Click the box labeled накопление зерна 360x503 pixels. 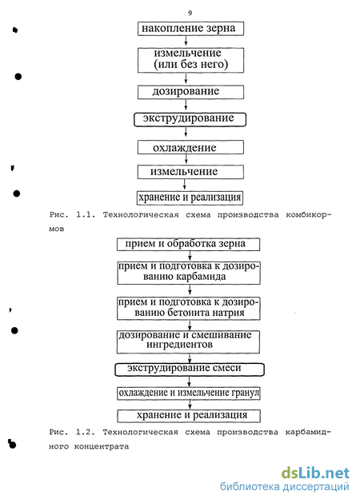190,29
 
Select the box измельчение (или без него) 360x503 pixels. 190,60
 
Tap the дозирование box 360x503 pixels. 190,92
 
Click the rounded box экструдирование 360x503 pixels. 190,119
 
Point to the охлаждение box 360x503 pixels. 190,148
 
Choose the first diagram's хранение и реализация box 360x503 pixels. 190,198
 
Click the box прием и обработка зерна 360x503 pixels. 188,244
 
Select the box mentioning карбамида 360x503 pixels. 188,273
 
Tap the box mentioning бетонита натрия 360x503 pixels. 188,309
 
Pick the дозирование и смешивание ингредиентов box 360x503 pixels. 188,342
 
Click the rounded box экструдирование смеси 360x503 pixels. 190,369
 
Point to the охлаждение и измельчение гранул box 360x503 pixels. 188,393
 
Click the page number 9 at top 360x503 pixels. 190,13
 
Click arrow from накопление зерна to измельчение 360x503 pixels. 186,42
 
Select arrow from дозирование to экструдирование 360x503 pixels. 186,106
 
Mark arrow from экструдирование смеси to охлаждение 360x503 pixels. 190,381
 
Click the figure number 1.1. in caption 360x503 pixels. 86,215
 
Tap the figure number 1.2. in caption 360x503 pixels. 86,433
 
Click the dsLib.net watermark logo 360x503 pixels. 315,473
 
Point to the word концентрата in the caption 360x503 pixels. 102,446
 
